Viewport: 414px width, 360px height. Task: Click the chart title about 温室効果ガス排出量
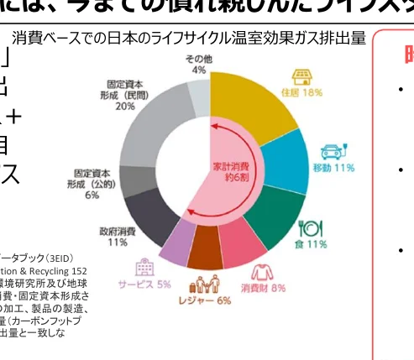pos(189,39)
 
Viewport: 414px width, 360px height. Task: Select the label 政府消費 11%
pos(118,237)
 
